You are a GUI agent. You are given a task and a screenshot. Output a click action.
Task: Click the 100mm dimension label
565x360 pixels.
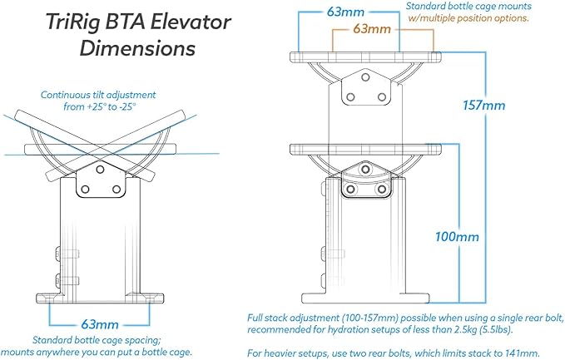tap(458, 236)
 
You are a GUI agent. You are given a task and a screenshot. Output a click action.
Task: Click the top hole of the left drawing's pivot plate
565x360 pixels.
tap(100, 169)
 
